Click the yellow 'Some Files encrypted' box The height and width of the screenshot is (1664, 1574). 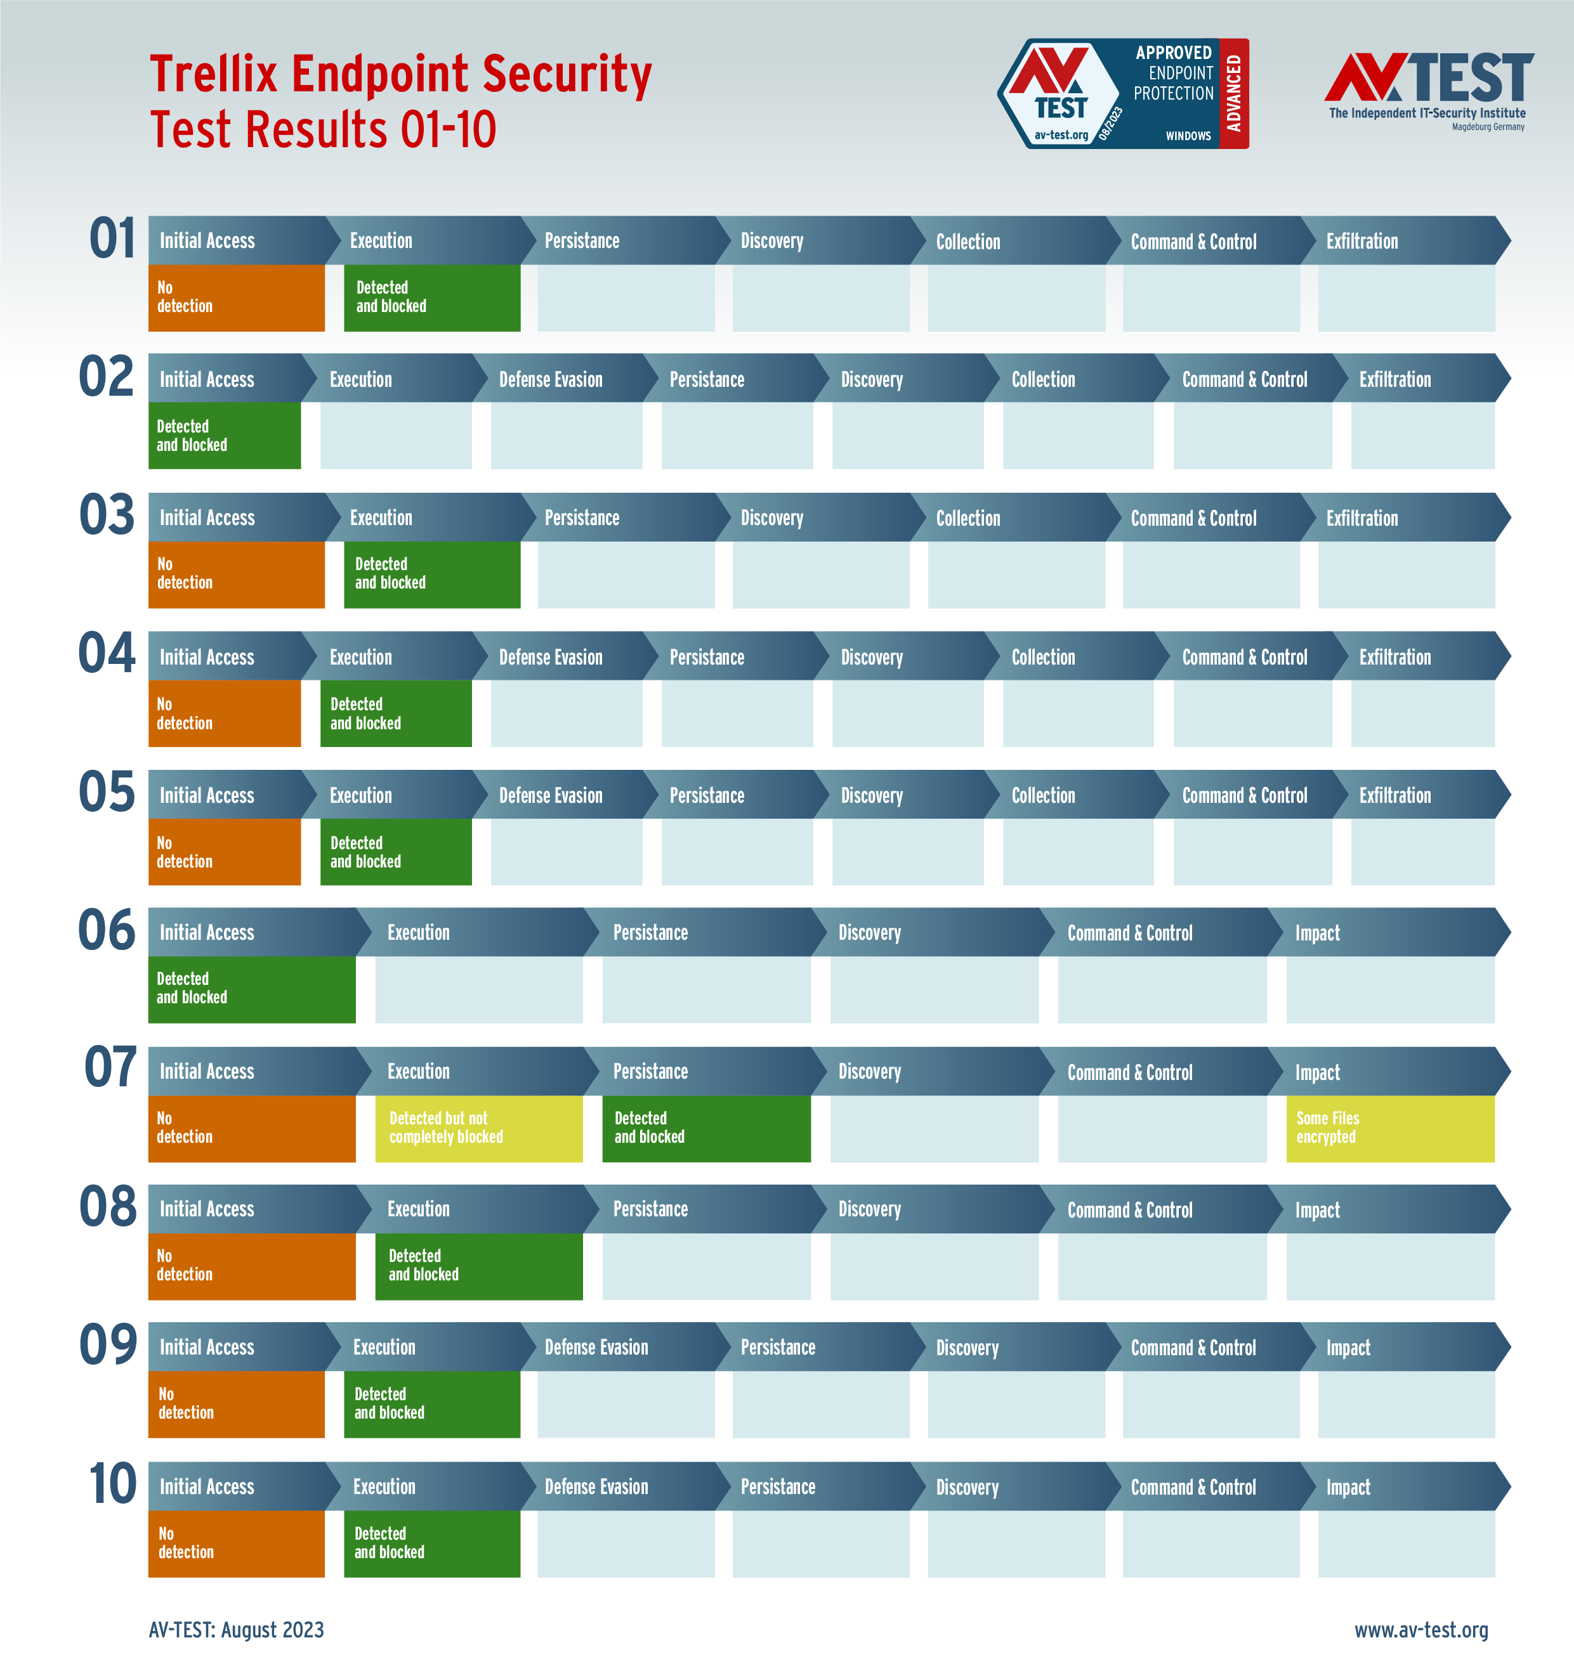[1389, 1128]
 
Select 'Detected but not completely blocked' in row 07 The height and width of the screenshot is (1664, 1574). [478, 1128]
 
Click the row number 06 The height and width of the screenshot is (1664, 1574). [107, 930]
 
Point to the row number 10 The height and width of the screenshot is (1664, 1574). [112, 1484]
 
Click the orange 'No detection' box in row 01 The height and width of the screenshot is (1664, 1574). [236, 298]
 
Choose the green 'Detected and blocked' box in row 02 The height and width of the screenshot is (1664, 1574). [224, 435]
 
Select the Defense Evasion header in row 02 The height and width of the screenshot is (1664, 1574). [551, 379]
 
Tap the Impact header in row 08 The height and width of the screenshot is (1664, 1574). [1317, 1209]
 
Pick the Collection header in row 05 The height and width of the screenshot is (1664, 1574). [1043, 795]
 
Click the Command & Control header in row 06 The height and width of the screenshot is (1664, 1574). [1129, 933]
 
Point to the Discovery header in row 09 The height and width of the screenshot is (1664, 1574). [967, 1348]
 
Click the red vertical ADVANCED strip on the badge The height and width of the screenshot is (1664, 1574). [1233, 93]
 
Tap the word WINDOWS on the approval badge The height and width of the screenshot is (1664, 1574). [1188, 136]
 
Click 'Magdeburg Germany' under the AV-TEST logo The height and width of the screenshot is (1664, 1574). [1488, 127]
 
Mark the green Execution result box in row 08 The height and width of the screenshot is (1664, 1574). [478, 1266]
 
